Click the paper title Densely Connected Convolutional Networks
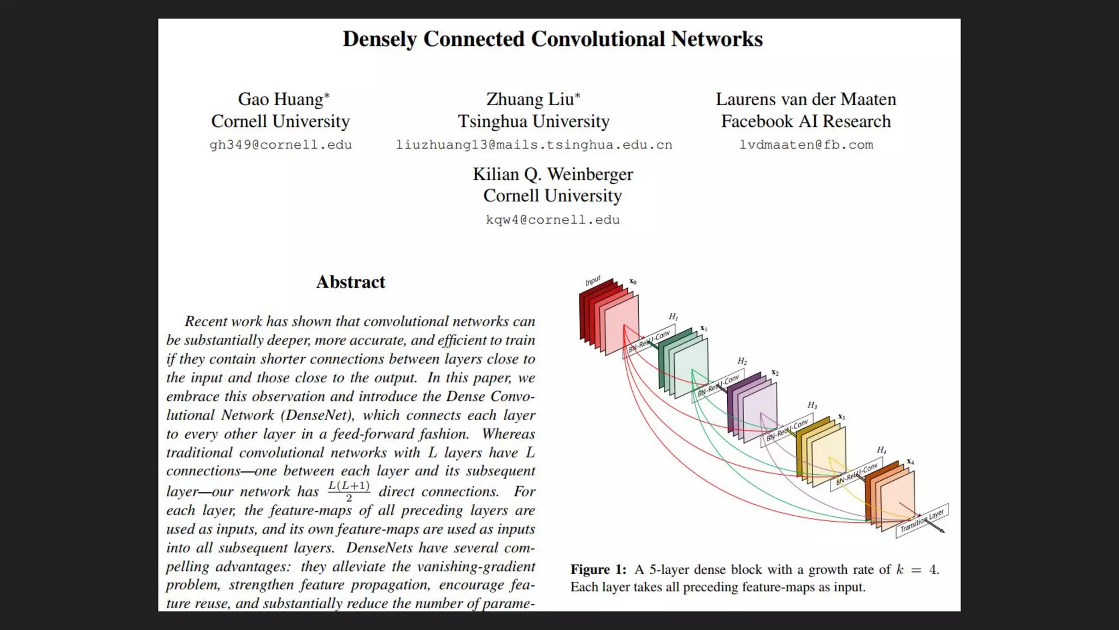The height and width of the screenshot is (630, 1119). (x=552, y=39)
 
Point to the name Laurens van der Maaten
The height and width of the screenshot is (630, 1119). (x=806, y=100)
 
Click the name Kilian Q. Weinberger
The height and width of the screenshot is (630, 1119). (x=552, y=174)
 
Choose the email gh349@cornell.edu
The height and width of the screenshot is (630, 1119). (x=280, y=145)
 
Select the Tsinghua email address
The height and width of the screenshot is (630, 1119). (x=534, y=145)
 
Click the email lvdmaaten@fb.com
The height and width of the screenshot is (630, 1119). (x=806, y=145)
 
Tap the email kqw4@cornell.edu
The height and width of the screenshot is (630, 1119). (x=552, y=220)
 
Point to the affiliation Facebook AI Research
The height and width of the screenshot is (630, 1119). (x=806, y=121)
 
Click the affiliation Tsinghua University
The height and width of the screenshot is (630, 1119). (x=534, y=121)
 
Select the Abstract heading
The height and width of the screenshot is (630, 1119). (x=350, y=282)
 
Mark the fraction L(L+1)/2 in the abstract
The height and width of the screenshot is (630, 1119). (x=349, y=491)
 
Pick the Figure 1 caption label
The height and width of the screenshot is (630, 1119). (x=598, y=570)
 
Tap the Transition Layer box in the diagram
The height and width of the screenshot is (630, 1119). (x=922, y=521)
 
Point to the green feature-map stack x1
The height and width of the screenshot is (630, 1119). (x=684, y=361)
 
